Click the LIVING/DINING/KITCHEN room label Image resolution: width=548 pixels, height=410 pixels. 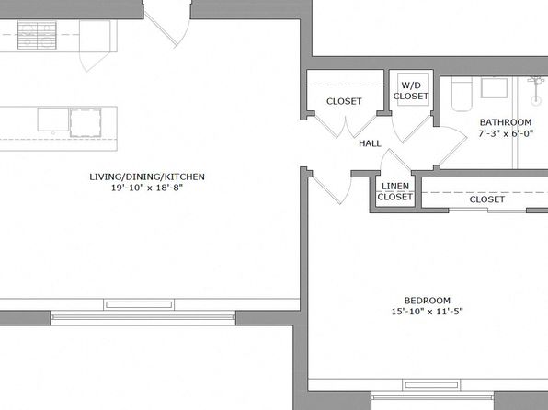click(x=147, y=177)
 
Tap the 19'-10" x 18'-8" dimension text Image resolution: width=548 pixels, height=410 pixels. click(x=147, y=188)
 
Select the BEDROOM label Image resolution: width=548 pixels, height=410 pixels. click(x=427, y=301)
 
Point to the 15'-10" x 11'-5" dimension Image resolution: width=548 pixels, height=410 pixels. click(x=427, y=311)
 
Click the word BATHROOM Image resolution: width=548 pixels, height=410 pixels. click(x=506, y=122)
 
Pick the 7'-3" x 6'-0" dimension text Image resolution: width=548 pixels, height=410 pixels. click(x=506, y=133)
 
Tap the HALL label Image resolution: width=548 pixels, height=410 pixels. click(x=370, y=143)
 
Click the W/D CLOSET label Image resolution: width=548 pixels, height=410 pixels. click(x=411, y=90)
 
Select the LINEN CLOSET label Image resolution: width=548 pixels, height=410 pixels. click(x=395, y=191)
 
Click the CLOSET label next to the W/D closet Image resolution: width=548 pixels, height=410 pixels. click(x=344, y=101)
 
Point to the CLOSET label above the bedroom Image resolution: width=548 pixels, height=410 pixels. click(x=486, y=199)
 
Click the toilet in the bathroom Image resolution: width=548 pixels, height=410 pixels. click(x=462, y=94)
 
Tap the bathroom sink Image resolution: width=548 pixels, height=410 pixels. click(x=494, y=87)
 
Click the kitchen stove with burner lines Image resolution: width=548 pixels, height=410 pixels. click(x=37, y=35)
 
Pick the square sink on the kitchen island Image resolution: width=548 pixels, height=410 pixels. click(x=86, y=122)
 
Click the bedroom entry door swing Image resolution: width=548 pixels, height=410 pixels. click(x=331, y=188)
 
